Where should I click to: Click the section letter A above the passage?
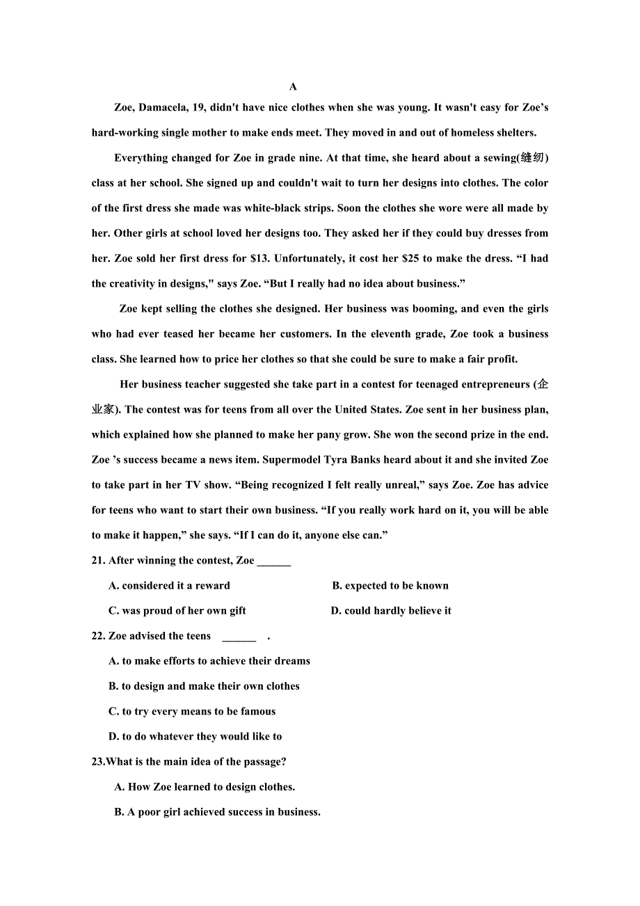[293, 87]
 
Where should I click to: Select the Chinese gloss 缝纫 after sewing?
[532, 158]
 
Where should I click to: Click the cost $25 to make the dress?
[410, 258]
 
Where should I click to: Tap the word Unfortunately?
[307, 258]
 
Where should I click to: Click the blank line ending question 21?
[274, 562]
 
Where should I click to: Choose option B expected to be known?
[390, 586]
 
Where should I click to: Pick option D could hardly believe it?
[391, 611]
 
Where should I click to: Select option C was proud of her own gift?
[177, 611]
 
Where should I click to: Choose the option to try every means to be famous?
[192, 711]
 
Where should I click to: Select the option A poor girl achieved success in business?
[217, 812]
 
